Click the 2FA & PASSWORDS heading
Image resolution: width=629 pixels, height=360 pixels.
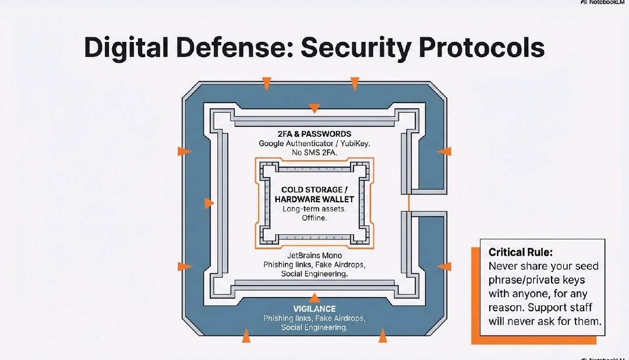click(314, 133)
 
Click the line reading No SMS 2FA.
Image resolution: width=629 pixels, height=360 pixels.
click(314, 153)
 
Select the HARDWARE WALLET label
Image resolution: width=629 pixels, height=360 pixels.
click(314, 199)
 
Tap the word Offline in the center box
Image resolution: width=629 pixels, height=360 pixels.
click(314, 218)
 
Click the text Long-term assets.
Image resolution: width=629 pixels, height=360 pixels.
click(314, 209)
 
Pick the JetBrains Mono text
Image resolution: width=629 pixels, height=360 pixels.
click(314, 255)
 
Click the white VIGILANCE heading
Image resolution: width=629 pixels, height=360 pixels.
click(314, 308)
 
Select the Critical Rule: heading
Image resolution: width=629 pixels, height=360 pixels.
click(520, 252)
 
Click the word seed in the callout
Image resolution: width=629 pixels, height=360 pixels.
click(586, 266)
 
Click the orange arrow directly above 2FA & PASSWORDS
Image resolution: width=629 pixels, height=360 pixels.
click(314, 108)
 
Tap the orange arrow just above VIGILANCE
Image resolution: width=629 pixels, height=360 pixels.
click(314, 298)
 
